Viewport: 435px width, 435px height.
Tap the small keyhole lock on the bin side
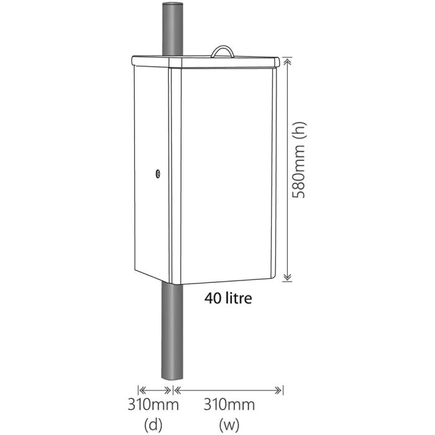(x=158, y=175)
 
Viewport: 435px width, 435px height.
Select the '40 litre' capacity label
(x=228, y=299)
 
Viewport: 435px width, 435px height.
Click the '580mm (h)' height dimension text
(x=300, y=160)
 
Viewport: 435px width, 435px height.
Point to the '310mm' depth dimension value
(x=153, y=405)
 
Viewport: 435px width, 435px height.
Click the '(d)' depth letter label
(x=153, y=425)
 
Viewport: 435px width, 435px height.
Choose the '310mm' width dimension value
(x=229, y=405)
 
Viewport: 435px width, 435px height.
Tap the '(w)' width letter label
(x=229, y=425)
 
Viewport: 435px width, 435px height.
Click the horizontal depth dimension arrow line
(x=155, y=390)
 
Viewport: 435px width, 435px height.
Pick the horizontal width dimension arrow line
(x=228, y=390)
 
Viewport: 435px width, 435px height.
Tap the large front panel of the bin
(x=224, y=174)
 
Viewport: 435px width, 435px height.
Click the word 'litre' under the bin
(x=239, y=299)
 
